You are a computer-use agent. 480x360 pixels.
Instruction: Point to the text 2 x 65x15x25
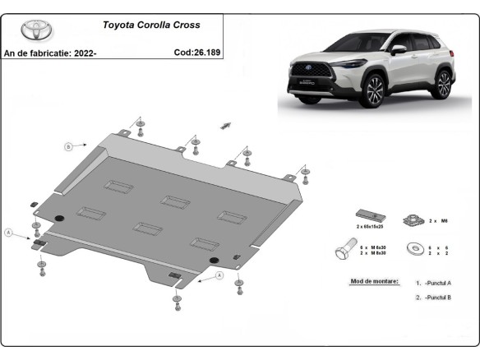(369, 226)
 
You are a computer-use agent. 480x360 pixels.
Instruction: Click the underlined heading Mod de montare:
(374, 281)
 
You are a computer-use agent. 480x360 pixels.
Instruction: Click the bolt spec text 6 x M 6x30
(374, 245)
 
